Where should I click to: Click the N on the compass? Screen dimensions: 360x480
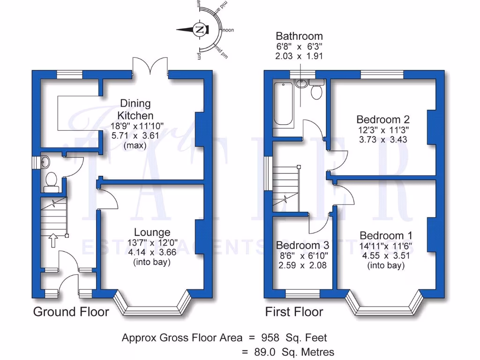point(200,30)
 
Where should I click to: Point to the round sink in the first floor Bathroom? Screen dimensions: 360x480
point(302,84)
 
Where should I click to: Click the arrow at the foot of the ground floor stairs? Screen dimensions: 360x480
point(52,241)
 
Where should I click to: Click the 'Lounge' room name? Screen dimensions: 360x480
point(152,232)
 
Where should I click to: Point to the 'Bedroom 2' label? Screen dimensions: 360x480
point(380,119)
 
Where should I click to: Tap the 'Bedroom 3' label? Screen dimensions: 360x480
point(302,245)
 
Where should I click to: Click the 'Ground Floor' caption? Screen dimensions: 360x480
point(71,312)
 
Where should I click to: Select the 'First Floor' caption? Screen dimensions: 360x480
point(294,312)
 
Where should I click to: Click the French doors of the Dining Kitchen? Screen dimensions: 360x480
point(150,66)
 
